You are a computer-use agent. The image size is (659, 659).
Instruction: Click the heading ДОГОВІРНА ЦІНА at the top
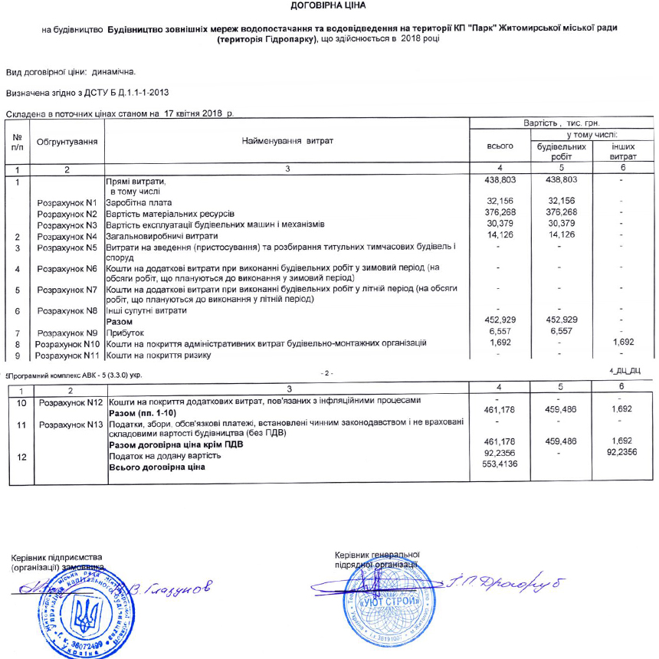(x=329, y=6)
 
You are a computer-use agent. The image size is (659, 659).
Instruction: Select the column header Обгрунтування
(x=67, y=143)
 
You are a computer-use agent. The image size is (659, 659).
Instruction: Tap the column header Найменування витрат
(x=287, y=142)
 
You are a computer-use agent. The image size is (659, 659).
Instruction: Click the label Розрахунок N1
(x=69, y=202)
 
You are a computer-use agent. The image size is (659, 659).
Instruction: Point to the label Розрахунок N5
(x=69, y=248)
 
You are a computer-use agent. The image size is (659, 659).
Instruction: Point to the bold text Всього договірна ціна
(x=158, y=467)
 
